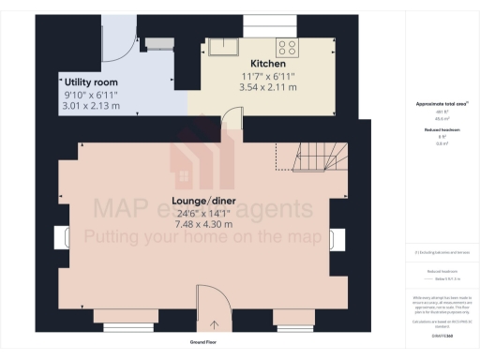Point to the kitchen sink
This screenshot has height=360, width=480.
pos(226,46)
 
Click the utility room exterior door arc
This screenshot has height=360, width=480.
pos(116,37)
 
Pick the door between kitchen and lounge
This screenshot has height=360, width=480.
pos(232,119)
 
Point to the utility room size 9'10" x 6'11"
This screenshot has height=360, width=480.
pos(92,96)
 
